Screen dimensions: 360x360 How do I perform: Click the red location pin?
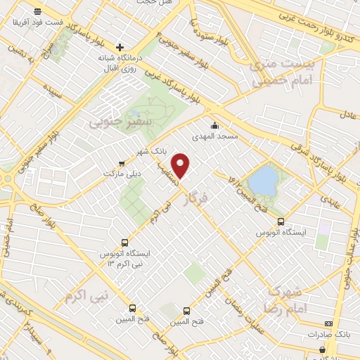pyautogui.click(x=182, y=165)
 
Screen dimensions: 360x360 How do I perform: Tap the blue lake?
pyautogui.click(x=263, y=180)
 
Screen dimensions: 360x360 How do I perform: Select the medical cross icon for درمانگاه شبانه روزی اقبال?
pyautogui.click(x=120, y=47)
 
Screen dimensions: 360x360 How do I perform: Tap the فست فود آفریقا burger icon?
pyautogui.click(x=37, y=11)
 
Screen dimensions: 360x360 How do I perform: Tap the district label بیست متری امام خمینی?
pyautogui.click(x=285, y=73)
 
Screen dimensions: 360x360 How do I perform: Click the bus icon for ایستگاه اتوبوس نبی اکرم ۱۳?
pyautogui.click(x=125, y=240)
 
